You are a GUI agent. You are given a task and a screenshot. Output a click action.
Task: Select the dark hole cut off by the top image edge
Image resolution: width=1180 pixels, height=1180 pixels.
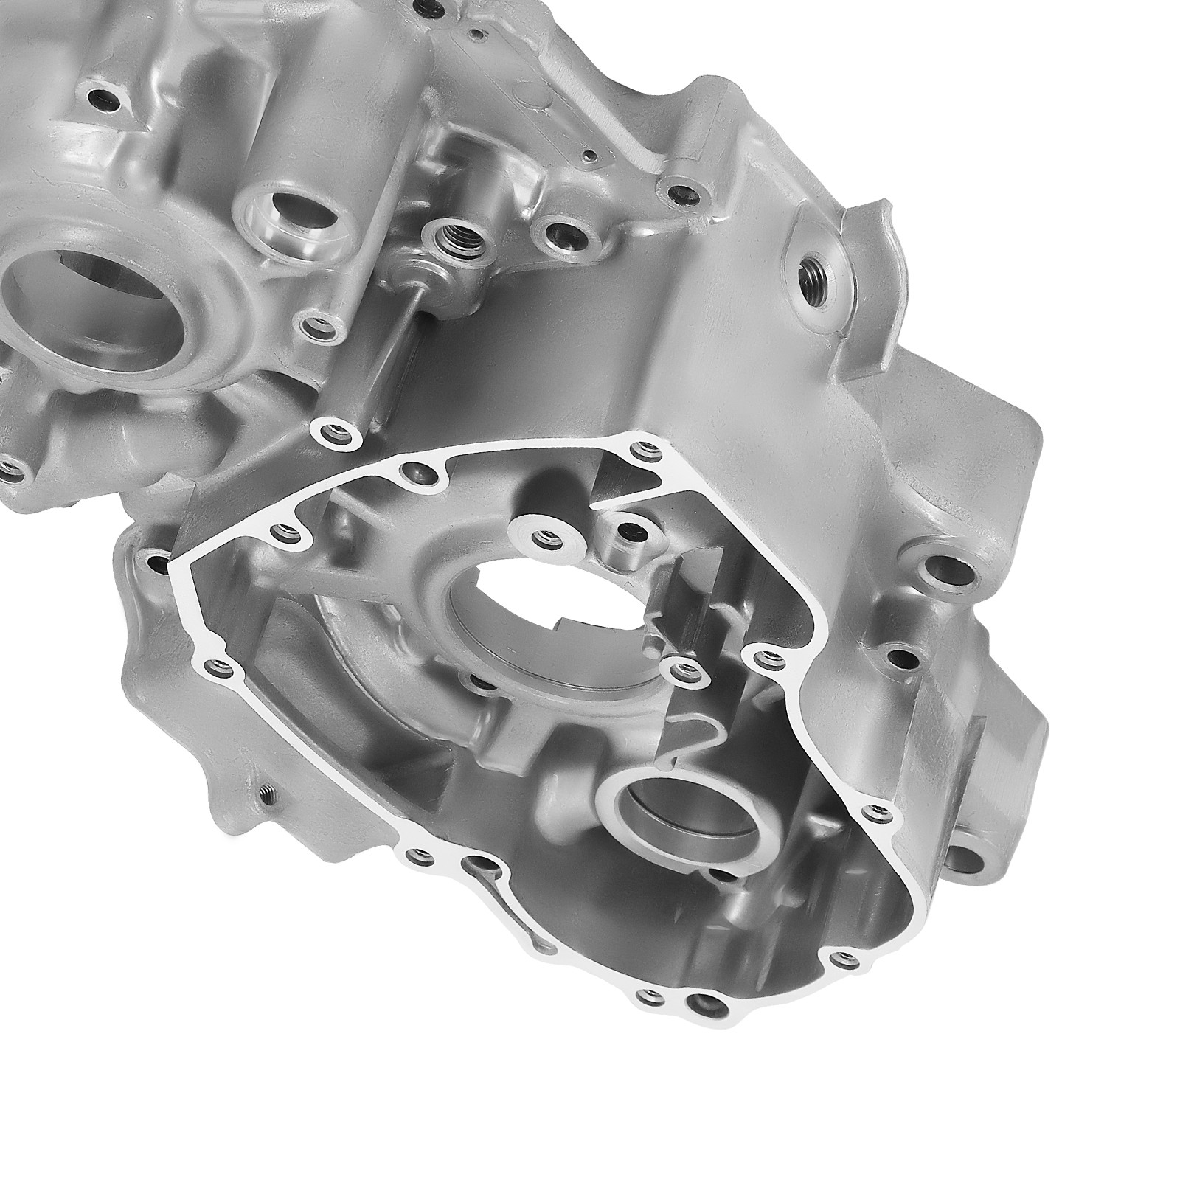tap(426, 7)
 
